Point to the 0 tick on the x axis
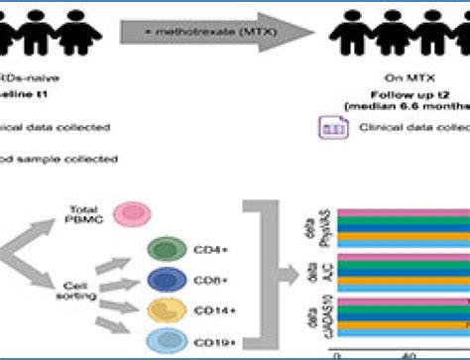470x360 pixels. (x=340, y=354)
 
